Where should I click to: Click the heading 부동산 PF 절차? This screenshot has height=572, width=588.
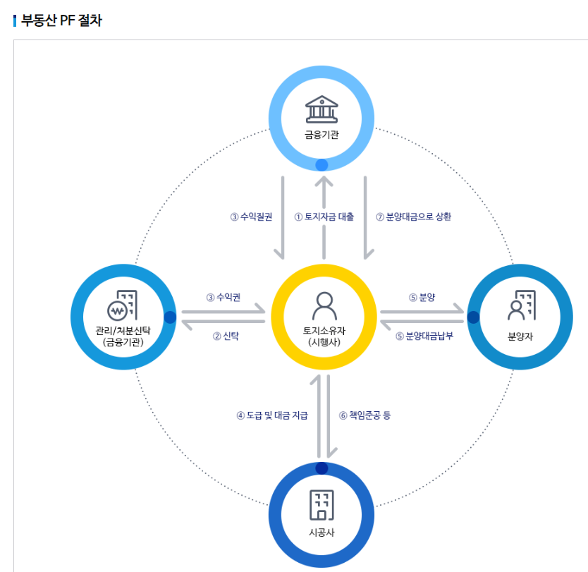tap(61, 20)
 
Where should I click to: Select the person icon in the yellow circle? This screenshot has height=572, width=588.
tap(324, 305)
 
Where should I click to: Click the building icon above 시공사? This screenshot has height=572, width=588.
tap(321, 505)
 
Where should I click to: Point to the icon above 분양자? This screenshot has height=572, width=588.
tap(521, 305)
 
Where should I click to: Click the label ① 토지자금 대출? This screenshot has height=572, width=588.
tap(324, 217)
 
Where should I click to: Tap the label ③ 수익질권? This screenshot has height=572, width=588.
tap(251, 217)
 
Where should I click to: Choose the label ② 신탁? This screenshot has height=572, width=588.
tap(226, 336)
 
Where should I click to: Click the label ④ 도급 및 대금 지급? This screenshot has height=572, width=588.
tap(272, 415)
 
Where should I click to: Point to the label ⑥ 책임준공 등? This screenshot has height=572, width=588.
tap(365, 415)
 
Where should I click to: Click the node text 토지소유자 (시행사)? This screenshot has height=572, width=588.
tap(324, 336)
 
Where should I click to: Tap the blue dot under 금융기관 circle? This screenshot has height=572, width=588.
tap(321, 165)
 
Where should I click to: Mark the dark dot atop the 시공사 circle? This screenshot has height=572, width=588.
tap(321, 468)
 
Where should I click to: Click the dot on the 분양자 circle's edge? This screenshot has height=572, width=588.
tap(473, 317)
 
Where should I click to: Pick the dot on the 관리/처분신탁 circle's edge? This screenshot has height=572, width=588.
tap(170, 317)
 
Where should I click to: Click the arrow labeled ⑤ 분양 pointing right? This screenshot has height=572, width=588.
tap(422, 310)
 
